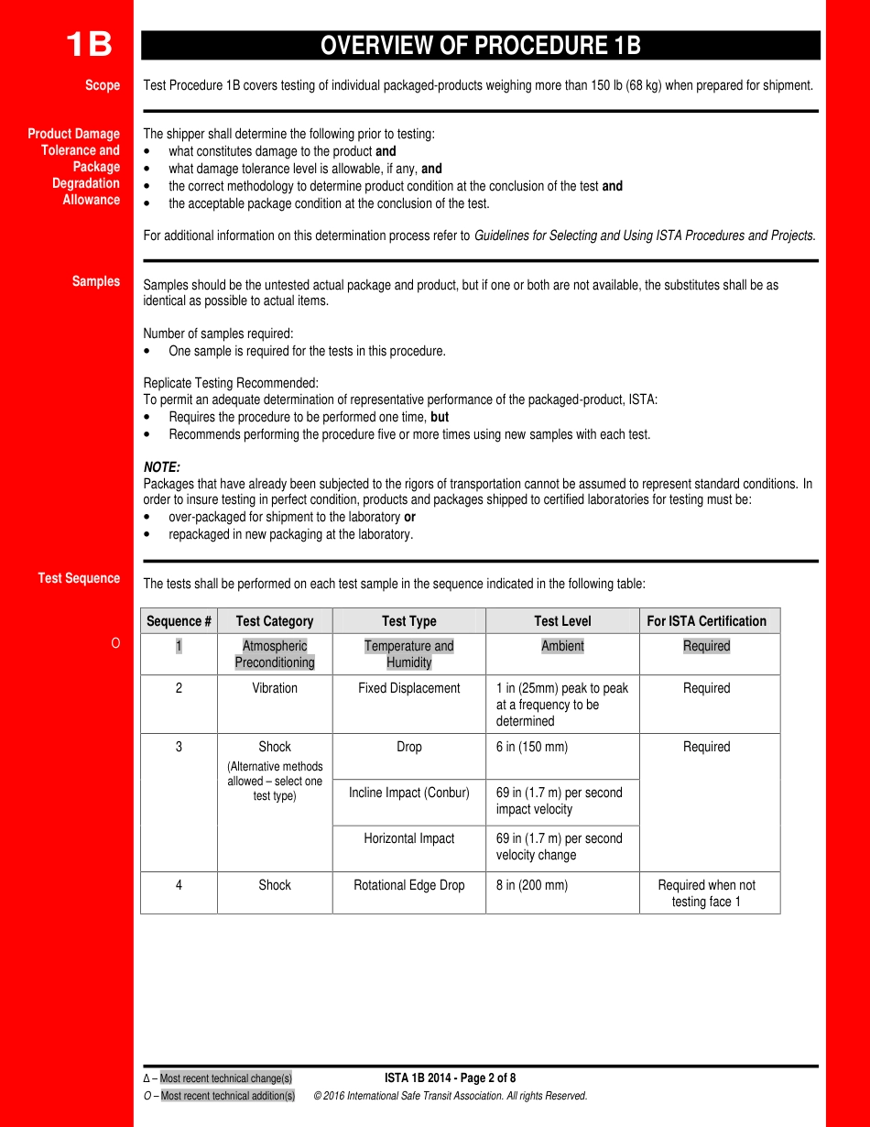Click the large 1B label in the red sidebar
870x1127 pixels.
click(89, 44)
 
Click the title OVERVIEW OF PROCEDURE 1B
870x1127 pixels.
click(480, 46)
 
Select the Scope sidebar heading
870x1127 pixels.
click(103, 85)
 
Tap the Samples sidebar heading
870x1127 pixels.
click(96, 281)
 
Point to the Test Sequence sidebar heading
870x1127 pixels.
click(79, 578)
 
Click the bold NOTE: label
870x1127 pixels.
click(162, 467)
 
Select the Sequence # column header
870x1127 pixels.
click(179, 621)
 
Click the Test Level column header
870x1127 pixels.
click(562, 621)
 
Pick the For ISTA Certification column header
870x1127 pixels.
click(706, 621)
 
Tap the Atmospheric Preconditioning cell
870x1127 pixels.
click(275, 654)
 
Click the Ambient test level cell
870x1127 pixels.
click(562, 646)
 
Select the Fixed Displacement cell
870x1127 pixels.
click(408, 688)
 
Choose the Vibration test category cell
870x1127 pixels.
click(275, 688)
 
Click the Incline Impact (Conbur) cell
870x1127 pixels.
click(408, 793)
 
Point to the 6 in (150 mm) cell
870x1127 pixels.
click(532, 747)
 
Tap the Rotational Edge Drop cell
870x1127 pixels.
click(408, 885)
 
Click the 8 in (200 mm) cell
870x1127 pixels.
click(532, 885)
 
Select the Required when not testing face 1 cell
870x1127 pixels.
click(706, 893)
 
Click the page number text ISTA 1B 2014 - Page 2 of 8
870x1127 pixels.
click(450, 1078)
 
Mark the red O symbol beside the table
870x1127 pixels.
click(115, 644)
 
